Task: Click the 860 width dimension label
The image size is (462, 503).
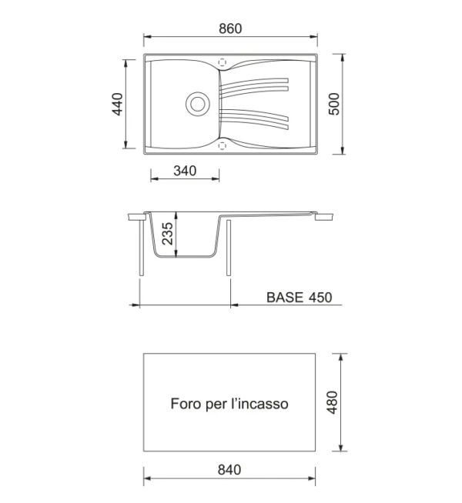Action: coord(230,28)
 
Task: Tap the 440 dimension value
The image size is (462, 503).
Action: coord(117,104)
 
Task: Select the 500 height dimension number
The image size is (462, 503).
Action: coord(334,104)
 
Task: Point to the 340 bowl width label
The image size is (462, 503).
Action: coord(185,171)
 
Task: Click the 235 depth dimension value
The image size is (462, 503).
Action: coord(168,234)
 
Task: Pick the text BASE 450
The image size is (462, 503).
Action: coord(300,298)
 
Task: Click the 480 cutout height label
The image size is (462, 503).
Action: coord(332,402)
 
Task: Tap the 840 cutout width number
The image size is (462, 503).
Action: coord(229,470)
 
